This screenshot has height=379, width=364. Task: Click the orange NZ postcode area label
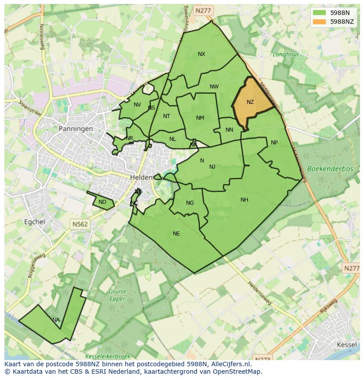(x=250, y=102)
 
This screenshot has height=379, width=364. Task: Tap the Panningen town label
(x=76, y=129)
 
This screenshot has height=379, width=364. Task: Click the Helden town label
(x=141, y=177)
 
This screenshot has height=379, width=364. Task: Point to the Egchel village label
(x=35, y=221)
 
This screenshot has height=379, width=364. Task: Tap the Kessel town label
(x=346, y=344)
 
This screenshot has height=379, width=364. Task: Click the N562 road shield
(x=80, y=224)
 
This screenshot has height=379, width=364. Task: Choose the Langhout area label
(x=285, y=55)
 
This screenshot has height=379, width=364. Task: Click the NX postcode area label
(x=201, y=54)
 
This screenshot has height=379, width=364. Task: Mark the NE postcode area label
(x=176, y=234)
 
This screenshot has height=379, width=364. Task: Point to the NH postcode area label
(x=244, y=200)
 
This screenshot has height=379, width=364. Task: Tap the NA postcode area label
(x=56, y=320)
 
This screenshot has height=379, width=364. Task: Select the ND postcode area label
(x=102, y=202)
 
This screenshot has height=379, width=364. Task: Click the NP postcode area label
(x=274, y=143)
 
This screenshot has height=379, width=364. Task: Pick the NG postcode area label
(x=190, y=203)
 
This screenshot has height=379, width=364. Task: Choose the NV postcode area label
(x=138, y=105)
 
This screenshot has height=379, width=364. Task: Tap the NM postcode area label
(x=200, y=118)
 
